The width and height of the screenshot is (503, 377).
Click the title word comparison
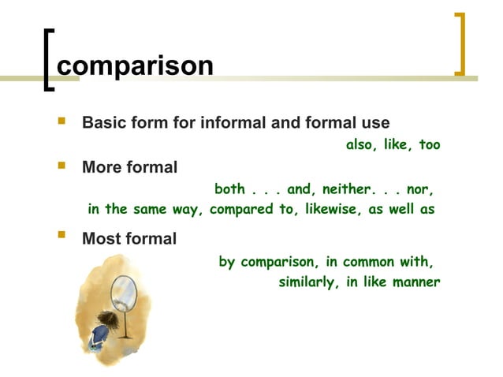pos(135,65)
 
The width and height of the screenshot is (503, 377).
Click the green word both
pos(229,189)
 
